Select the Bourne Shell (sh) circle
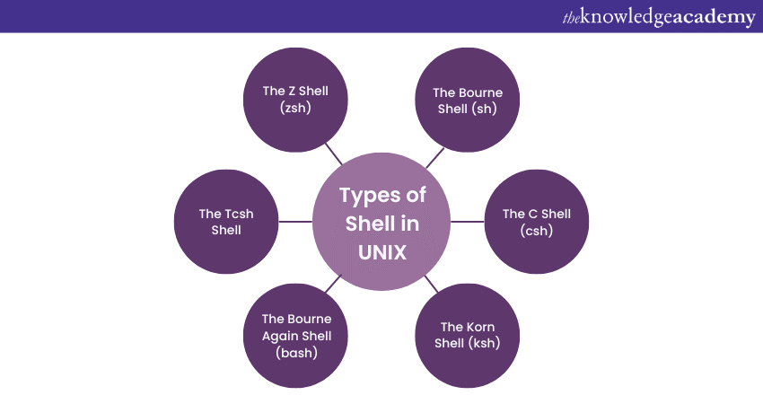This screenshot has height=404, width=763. pos(468,100)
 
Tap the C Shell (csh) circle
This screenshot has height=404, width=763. pos(537,221)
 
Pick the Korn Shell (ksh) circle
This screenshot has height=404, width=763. pos(468,334)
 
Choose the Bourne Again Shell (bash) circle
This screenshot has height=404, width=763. pos(296,334)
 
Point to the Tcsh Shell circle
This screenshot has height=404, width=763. pos(227,221)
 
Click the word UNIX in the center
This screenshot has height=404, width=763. pos(382,252)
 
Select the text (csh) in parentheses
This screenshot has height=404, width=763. pos(537,230)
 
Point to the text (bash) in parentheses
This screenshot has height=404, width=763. pos(296,351)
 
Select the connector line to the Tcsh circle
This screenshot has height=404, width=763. pos(296,221)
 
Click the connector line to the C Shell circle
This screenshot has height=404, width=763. pos(467,221)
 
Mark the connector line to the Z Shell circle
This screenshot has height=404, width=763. pos(334,154)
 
